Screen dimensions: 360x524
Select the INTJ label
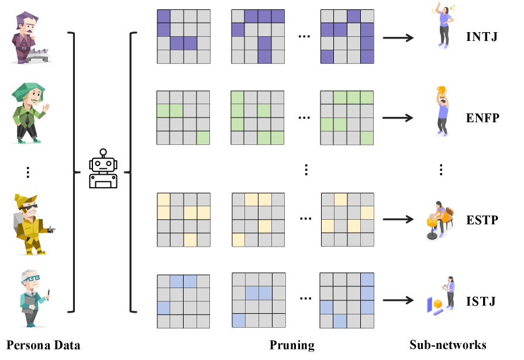[x=482, y=37]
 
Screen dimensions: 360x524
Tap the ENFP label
[x=482, y=118]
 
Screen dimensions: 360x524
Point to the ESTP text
[x=482, y=220]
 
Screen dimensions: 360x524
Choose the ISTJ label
[x=481, y=302]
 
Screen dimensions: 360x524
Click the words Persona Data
[x=43, y=345]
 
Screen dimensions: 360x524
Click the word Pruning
[x=292, y=345]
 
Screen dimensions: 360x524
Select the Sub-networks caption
[x=448, y=345]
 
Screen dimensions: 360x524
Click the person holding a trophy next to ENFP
[x=443, y=112]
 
